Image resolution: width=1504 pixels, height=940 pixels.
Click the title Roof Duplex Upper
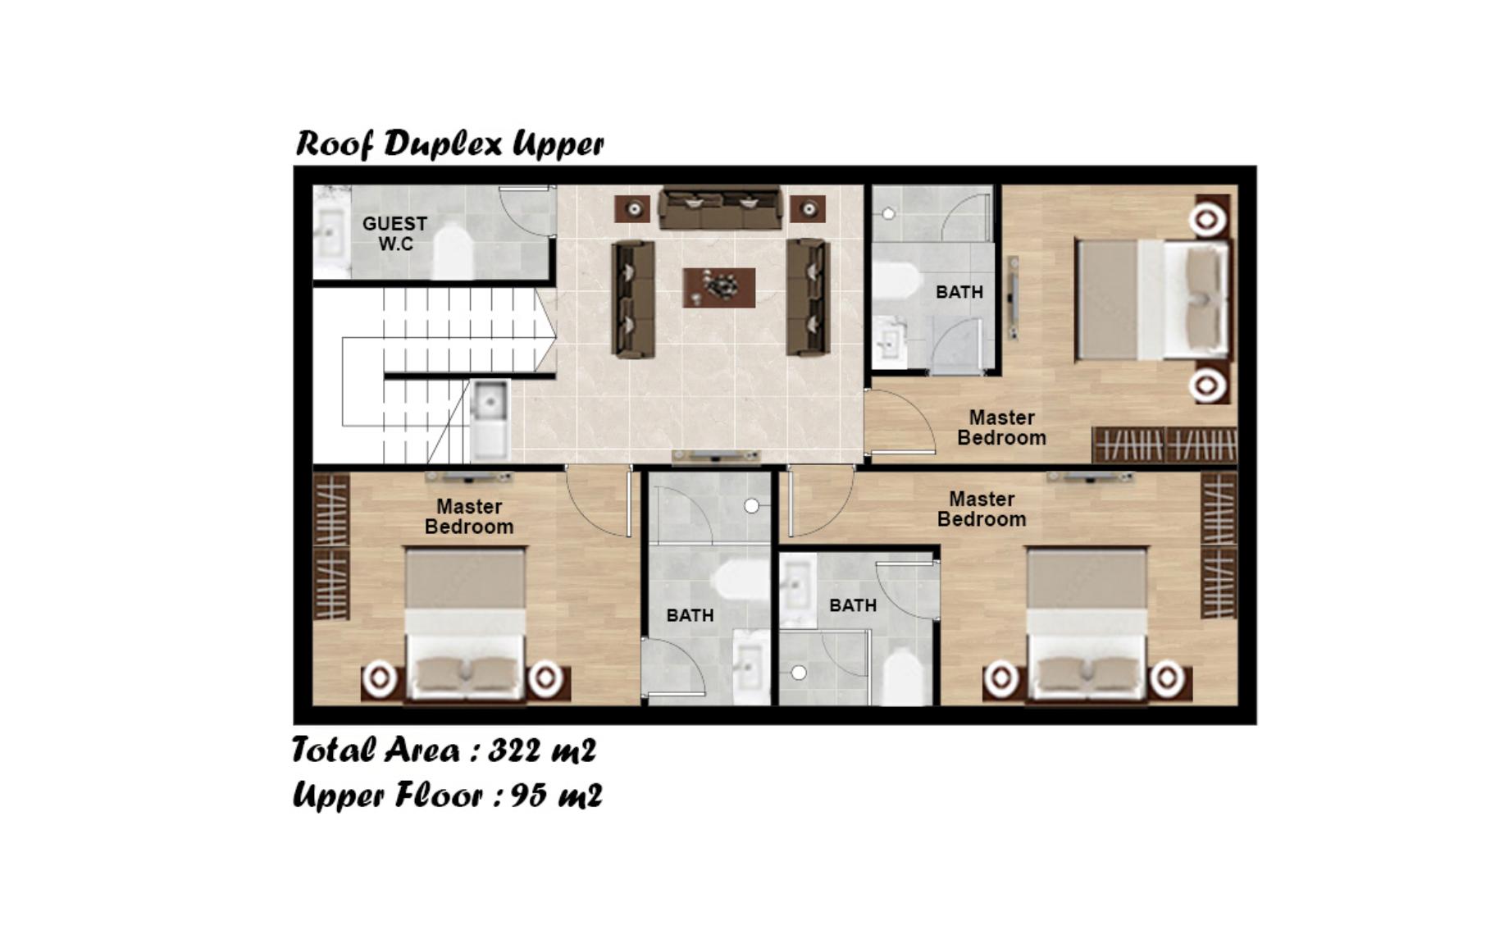click(x=449, y=144)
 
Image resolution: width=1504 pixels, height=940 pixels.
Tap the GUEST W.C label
click(x=394, y=234)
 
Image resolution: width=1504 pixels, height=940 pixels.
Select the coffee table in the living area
click(x=719, y=287)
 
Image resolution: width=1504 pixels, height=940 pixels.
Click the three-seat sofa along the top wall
click(x=720, y=208)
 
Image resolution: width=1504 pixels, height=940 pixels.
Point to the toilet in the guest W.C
click(x=452, y=250)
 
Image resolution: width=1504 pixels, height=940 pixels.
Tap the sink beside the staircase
click(x=490, y=418)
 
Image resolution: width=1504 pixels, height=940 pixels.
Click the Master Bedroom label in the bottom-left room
click(x=469, y=517)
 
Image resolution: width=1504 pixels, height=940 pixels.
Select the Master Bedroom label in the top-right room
click(x=1001, y=427)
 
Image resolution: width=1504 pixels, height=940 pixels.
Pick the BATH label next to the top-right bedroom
click(x=959, y=292)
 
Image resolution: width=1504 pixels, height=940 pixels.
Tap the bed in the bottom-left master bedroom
click(x=465, y=623)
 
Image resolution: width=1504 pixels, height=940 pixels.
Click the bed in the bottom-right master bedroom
click(x=1087, y=623)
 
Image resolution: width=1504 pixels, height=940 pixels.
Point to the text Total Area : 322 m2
click(x=444, y=750)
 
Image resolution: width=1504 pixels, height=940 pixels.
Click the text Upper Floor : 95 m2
click(x=447, y=795)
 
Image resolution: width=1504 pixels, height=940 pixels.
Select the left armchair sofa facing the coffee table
click(x=633, y=299)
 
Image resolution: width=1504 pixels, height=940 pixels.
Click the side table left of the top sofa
click(x=633, y=209)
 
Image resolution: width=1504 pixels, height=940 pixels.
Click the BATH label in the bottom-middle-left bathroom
click(x=690, y=615)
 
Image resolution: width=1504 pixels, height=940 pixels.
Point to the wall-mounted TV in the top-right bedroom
click(x=1014, y=297)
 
